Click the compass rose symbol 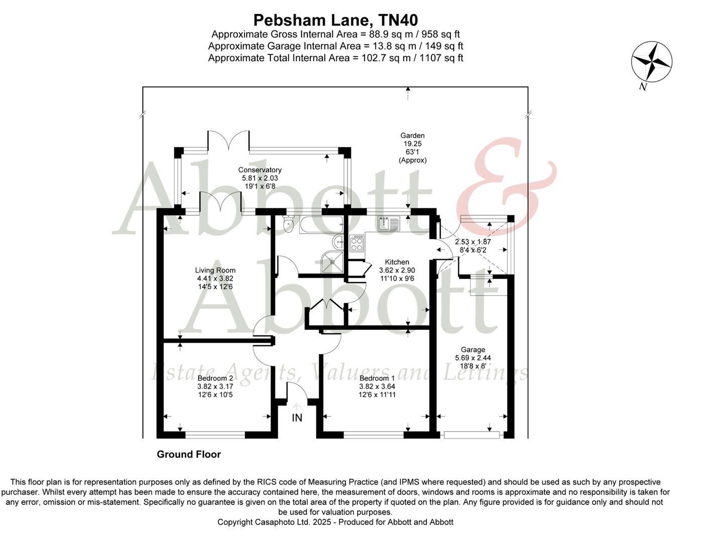coord(651,62)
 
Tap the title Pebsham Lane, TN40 coord(335,20)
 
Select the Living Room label coord(215,270)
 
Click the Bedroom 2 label coord(215,378)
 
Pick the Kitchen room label coord(397,262)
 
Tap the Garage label coord(473,350)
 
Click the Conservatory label coord(260,170)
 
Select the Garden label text coord(412,135)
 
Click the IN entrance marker coord(297,418)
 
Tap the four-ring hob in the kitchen coord(357,244)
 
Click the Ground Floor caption coord(189,454)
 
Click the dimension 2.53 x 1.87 coord(473,241)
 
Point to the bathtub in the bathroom coord(321,225)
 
